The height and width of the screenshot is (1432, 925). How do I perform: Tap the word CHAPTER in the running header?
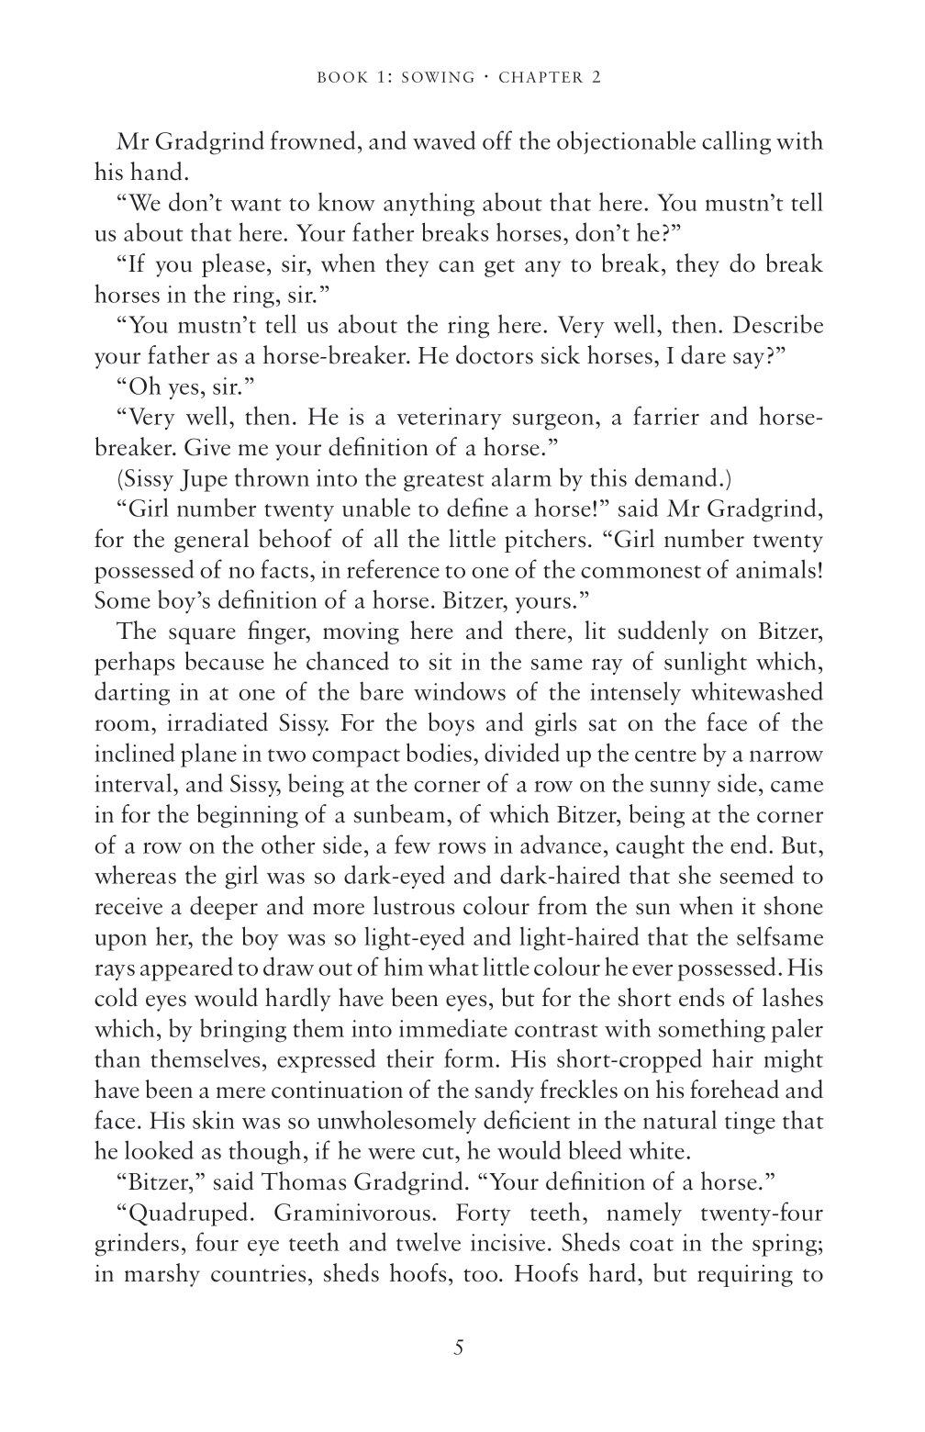tap(541, 77)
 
